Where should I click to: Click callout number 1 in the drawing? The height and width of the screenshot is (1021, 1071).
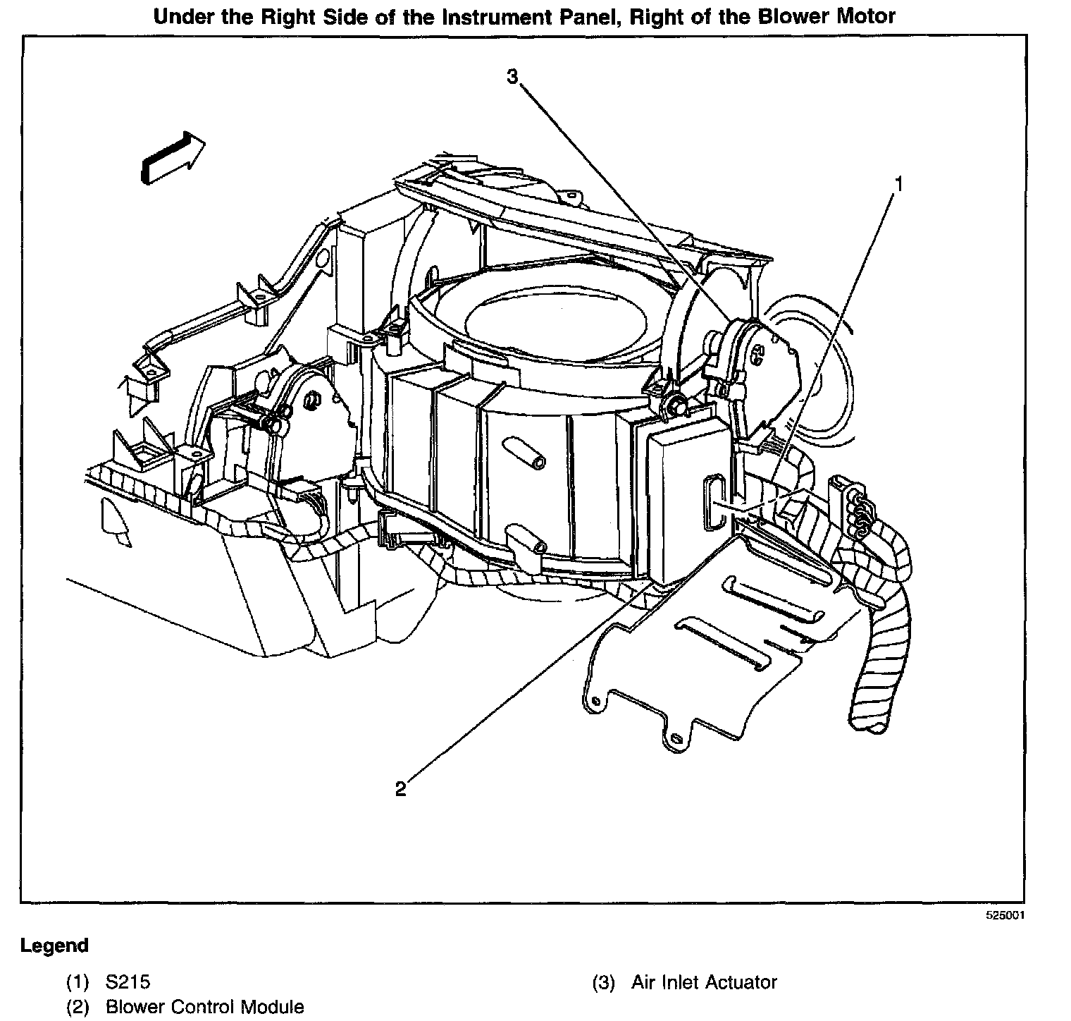tap(898, 184)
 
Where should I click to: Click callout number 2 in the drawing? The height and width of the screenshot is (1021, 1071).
tap(400, 788)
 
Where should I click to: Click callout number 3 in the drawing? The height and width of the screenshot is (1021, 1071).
tap(513, 76)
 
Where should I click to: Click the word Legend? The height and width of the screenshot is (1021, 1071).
tap(54, 946)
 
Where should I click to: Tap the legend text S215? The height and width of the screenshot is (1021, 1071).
tap(128, 982)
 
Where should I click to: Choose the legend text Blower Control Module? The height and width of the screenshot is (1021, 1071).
tap(205, 1007)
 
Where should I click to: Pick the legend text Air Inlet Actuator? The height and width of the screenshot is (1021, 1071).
tap(704, 982)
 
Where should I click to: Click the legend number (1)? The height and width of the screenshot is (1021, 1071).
tap(78, 982)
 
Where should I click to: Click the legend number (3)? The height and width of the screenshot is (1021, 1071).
tap(604, 982)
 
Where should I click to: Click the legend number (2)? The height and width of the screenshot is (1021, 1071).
tap(78, 1007)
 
